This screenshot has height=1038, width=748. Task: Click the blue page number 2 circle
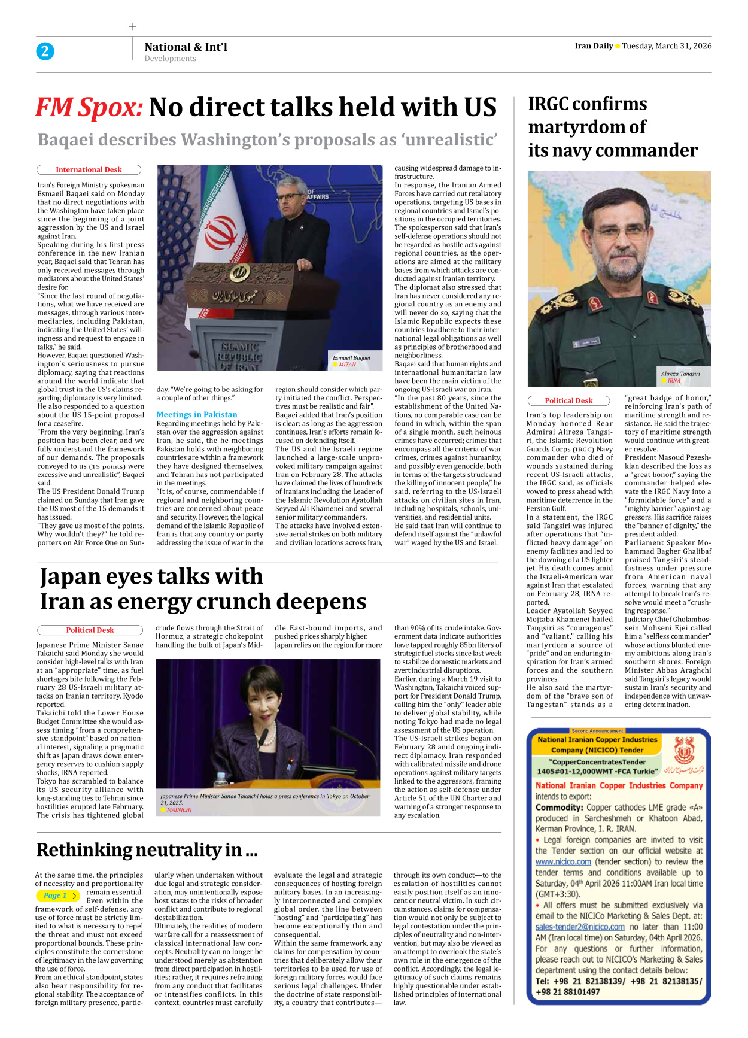[x=45, y=51]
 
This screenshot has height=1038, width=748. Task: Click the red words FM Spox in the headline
[x=89, y=108]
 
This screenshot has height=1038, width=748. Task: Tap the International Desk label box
[x=89, y=170]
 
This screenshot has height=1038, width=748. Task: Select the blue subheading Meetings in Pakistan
[x=196, y=414]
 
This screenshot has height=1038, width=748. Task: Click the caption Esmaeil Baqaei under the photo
[x=351, y=358]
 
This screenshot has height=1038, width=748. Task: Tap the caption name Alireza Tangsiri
[x=680, y=374]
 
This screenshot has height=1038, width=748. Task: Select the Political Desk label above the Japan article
[x=90, y=630]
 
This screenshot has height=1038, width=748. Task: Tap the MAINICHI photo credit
[x=179, y=809]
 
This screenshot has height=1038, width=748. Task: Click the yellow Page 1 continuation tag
[x=57, y=896]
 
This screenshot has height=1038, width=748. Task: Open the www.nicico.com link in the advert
[x=563, y=862]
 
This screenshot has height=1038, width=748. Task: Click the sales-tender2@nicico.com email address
[x=580, y=927]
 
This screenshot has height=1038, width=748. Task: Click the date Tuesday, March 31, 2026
[x=667, y=46]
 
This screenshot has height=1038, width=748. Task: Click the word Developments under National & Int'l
[x=170, y=59]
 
